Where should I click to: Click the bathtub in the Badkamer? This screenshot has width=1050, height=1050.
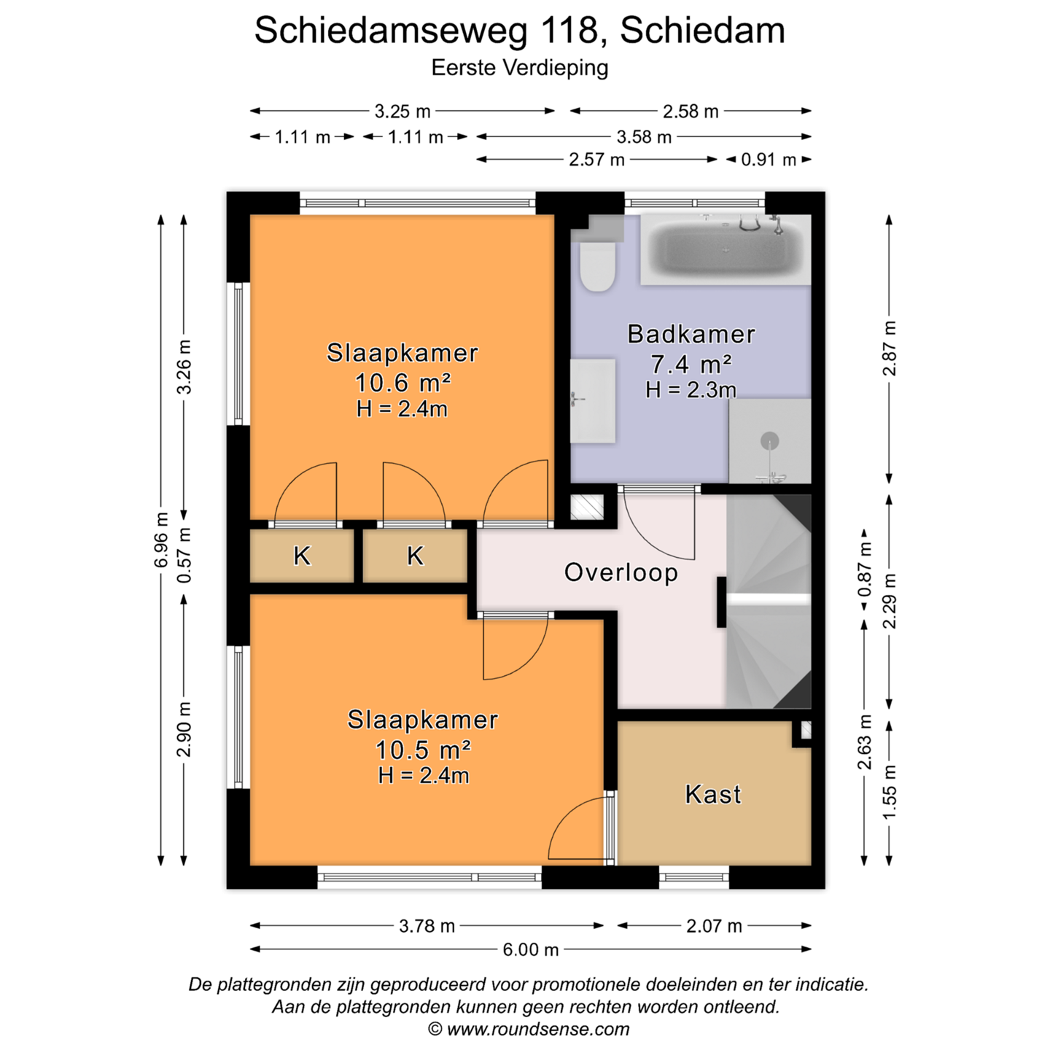click(726, 249)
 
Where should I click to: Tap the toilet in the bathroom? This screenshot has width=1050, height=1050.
click(598, 266)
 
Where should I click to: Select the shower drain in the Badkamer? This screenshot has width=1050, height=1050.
click(769, 440)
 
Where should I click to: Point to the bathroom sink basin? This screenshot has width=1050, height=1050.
click(593, 400)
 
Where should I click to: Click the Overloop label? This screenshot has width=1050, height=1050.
click(621, 572)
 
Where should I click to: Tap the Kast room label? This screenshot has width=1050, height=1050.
click(713, 795)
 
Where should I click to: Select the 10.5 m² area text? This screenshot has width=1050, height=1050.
click(423, 750)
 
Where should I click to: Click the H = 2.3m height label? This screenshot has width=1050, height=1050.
click(691, 390)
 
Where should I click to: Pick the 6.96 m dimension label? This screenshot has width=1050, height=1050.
click(160, 540)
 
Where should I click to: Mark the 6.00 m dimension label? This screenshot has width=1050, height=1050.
click(530, 950)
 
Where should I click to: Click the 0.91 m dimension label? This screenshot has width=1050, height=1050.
click(769, 160)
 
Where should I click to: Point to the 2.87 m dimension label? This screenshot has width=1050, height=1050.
click(889, 349)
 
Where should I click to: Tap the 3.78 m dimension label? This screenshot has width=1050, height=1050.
click(427, 926)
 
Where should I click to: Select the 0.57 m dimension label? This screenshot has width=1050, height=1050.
click(184, 555)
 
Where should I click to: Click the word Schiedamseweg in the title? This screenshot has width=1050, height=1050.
click(391, 31)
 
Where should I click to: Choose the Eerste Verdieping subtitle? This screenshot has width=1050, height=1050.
click(520, 68)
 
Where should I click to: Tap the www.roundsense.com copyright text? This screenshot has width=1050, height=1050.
click(538, 1029)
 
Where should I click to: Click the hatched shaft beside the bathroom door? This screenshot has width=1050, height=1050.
click(587, 507)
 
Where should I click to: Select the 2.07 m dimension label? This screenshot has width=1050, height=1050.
click(714, 926)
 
